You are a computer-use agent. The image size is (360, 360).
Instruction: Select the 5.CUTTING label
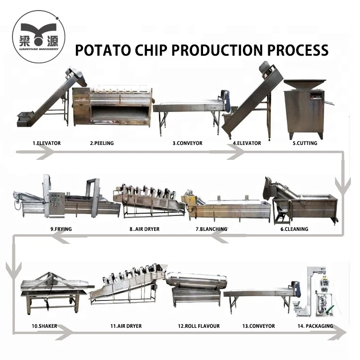click(x=305, y=143)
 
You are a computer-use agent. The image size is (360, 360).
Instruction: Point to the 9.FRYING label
click(x=60, y=229)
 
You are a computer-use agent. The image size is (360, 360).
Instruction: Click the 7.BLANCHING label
click(x=211, y=229)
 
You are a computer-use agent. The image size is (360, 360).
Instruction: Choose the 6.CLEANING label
click(x=294, y=229)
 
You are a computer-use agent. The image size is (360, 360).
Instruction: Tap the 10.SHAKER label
click(x=44, y=326)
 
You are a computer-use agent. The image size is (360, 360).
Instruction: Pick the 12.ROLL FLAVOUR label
click(x=199, y=326)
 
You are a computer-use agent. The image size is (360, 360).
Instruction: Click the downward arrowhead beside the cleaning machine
click(x=342, y=184)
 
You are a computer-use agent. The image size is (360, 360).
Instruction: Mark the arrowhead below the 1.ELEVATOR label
click(x=46, y=152)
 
